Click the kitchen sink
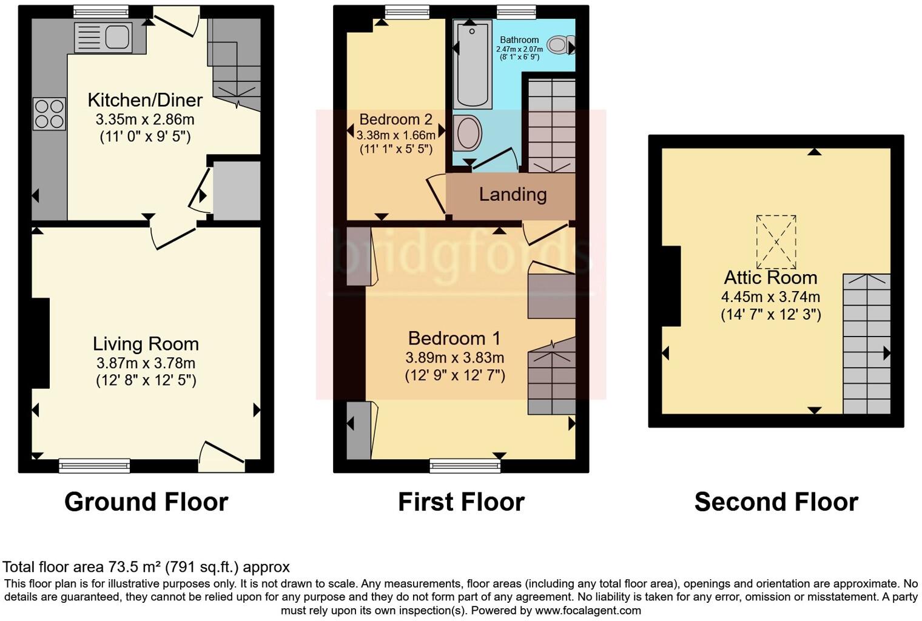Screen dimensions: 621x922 coord(103,37)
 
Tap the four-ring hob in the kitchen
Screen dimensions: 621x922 coord(49,114)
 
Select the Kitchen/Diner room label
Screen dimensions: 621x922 coord(145,100)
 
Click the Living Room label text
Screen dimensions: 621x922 coord(146,344)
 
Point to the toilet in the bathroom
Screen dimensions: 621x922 coord(560,44)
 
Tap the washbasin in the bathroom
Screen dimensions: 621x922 coord(468,133)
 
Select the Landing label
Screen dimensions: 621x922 coord(513,195)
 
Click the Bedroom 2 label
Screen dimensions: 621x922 coord(395,119)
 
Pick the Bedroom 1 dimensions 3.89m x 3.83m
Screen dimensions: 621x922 coord(455,358)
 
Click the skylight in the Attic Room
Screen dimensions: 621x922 coord(776,242)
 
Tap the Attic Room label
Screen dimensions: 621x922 coord(770,278)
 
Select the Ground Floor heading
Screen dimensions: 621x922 coord(146,502)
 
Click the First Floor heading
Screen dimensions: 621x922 coord(461,502)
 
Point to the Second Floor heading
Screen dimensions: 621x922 coord(776,502)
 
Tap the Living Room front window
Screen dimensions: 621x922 coord(95,466)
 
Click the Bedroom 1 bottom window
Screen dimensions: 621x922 coord(465,466)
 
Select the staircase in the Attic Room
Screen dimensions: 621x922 coord(866,343)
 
